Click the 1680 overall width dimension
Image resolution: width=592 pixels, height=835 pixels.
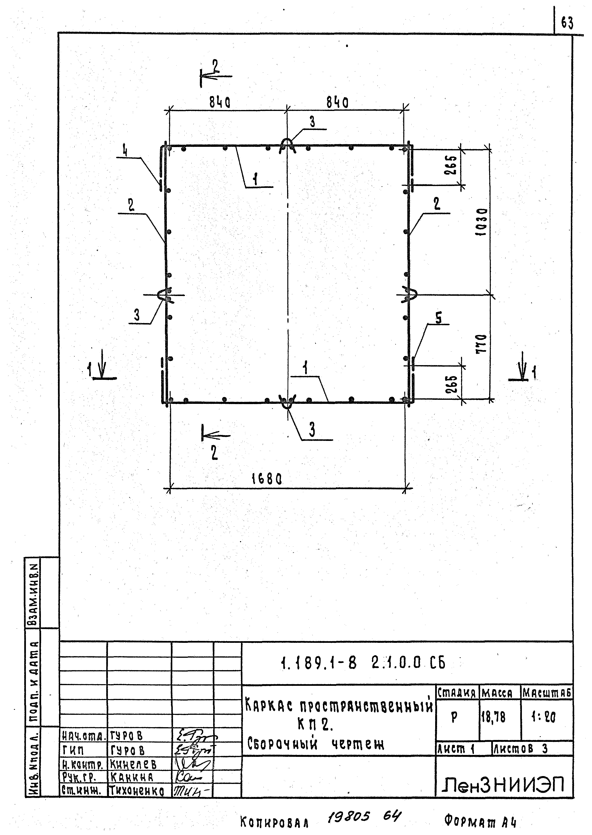(267, 479)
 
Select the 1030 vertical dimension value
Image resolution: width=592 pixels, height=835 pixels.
(482, 222)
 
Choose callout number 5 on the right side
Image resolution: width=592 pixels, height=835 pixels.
(439, 318)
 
